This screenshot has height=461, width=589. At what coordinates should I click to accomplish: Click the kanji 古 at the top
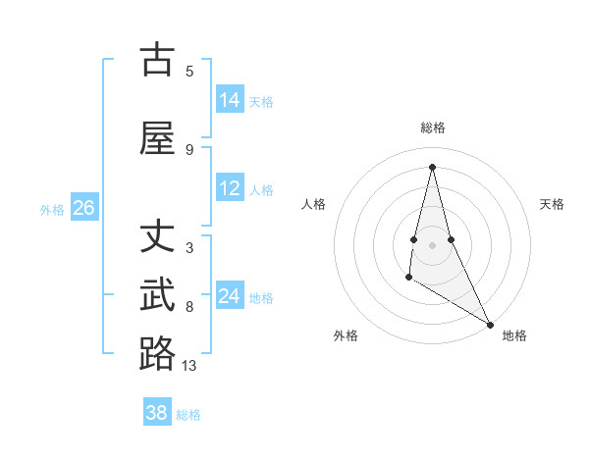point(157,61)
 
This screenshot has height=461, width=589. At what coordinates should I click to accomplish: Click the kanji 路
point(157,353)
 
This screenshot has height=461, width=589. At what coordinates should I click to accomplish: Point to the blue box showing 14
point(229,100)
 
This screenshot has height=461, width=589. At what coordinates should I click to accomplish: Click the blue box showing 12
point(229,189)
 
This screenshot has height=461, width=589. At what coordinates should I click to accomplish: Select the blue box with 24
point(229,296)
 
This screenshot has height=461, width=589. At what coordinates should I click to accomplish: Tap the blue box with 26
point(83,208)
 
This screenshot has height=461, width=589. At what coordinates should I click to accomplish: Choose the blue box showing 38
point(157,413)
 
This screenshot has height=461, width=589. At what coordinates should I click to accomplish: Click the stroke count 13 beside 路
point(189,366)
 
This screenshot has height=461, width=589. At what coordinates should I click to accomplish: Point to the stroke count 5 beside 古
point(189,71)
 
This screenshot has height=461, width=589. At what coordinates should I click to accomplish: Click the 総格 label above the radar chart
point(433,128)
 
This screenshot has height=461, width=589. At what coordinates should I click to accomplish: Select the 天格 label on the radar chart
point(552,204)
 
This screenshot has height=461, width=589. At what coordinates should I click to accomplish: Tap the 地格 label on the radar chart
point(514,335)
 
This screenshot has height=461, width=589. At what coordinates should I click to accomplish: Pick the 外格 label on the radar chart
point(346,335)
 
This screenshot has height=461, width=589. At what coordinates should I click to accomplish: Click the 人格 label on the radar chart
point(314,204)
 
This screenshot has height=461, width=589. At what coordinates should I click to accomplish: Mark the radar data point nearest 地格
point(490,324)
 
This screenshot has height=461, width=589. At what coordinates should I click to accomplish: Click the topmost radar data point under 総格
point(432,166)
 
